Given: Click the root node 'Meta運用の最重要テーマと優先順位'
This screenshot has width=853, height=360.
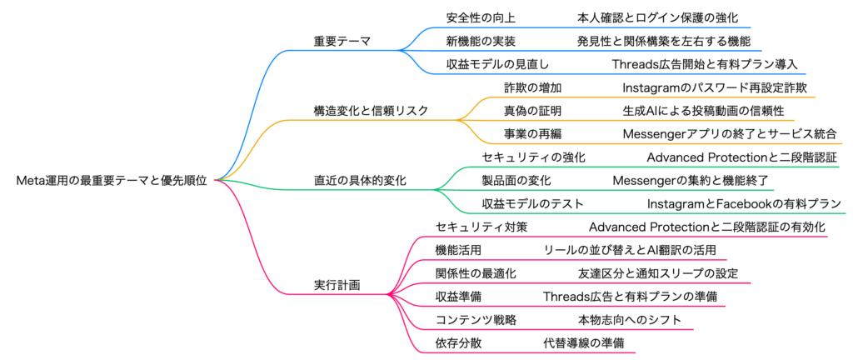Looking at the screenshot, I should coord(112,179).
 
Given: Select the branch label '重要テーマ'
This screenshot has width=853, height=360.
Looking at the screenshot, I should coord(342,40).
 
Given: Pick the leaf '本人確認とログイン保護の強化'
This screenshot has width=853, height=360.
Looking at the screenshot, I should coord(657,17).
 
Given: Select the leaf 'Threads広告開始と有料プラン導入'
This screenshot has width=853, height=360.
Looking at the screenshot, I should coord(705,63).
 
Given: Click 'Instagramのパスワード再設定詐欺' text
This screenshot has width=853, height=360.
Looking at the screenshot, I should coord(715,87).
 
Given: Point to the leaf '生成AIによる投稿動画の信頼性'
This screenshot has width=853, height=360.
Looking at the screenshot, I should coord(703,110).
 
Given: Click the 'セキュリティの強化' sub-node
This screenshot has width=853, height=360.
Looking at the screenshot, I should coord(534,157).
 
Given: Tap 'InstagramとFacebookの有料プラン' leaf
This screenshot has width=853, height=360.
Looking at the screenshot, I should coord(744,203).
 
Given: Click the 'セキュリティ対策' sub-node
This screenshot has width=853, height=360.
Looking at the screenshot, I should coord(481,227).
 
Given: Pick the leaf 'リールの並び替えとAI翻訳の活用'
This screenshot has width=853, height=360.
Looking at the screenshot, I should coord(629,250).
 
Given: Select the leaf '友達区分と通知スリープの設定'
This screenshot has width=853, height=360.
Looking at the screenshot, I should coord(657,273).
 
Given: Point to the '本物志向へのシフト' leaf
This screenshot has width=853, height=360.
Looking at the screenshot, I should coord(629,320).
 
